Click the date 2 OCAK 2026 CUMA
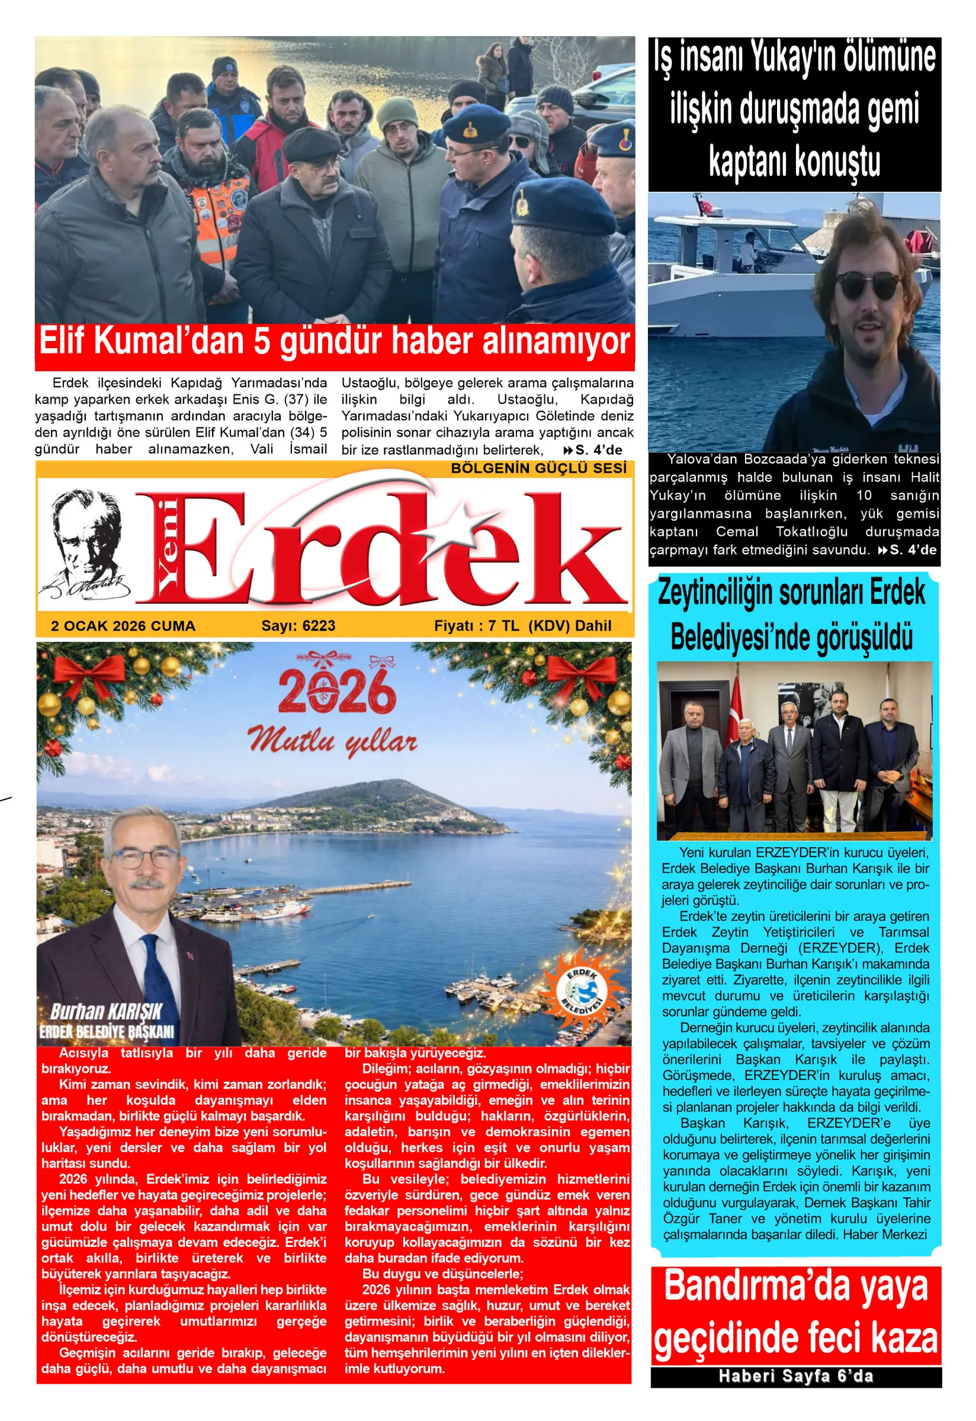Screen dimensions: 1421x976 click(x=123, y=625)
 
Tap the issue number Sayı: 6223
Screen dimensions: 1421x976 click(x=298, y=625)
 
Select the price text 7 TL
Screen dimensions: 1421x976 click(x=503, y=625)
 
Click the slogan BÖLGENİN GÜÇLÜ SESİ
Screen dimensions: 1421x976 click(x=538, y=468)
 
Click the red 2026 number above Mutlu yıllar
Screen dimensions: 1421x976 click(x=336, y=693)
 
